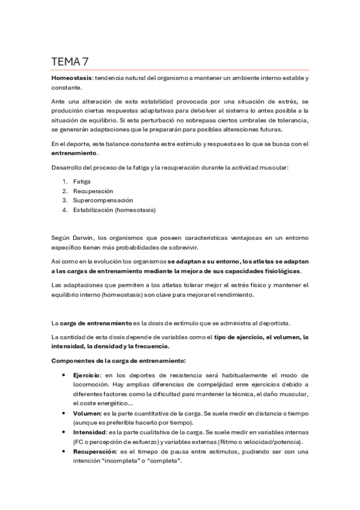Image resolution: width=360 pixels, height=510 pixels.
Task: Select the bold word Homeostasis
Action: click(71, 78)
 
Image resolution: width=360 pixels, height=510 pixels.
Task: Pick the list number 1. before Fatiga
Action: click(64, 180)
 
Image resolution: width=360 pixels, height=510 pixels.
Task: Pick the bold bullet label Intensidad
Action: click(90, 432)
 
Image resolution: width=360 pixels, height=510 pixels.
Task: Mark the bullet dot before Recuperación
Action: click(64, 451)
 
